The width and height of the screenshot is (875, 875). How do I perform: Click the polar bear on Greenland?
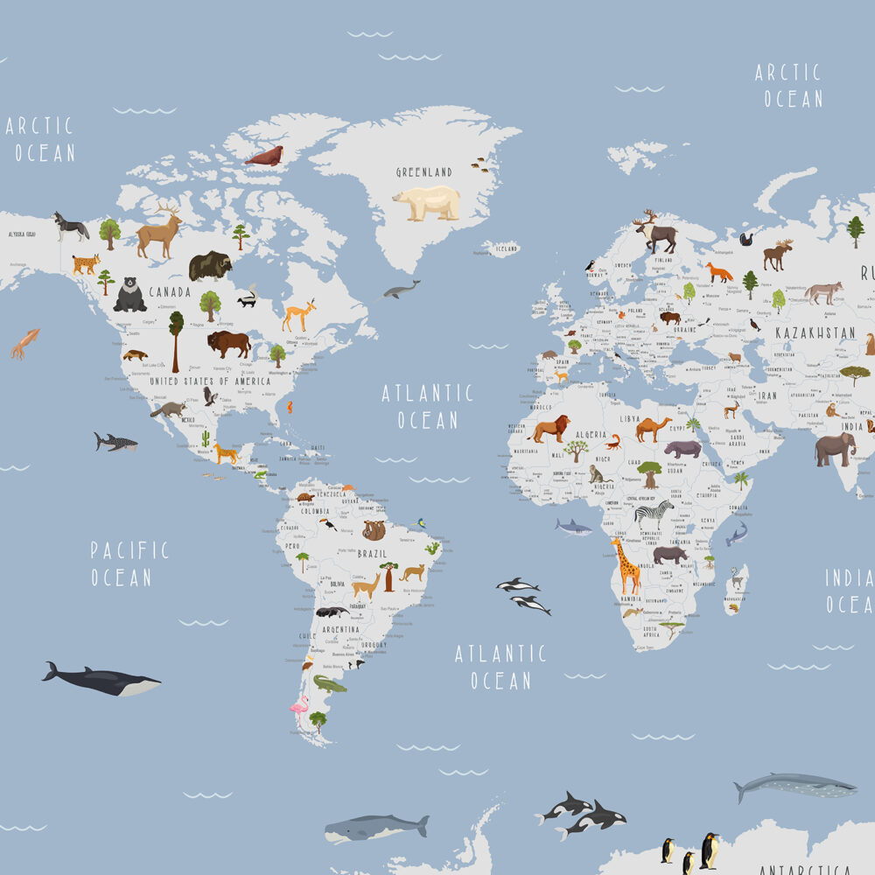click(x=426, y=203)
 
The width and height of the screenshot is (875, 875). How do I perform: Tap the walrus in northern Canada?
click(x=264, y=157)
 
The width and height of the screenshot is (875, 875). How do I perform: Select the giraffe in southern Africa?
click(x=626, y=565)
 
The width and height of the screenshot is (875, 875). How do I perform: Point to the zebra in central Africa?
click(x=654, y=512)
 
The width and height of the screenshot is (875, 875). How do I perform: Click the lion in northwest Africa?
click(x=549, y=428)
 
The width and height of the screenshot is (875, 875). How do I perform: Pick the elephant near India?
click(x=834, y=448)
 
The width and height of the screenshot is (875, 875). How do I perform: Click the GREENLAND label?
click(x=423, y=172)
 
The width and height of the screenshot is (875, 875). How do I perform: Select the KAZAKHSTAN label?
click(x=815, y=333)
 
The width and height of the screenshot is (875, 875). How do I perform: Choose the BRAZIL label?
click(x=372, y=554)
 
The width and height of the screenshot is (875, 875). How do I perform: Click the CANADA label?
click(x=170, y=291)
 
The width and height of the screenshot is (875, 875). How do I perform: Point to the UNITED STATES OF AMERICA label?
click(x=210, y=381)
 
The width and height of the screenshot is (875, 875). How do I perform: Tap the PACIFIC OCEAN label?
click(x=129, y=563)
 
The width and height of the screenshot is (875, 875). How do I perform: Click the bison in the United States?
click(x=228, y=343)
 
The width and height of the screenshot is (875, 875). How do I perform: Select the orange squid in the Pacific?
click(x=24, y=342)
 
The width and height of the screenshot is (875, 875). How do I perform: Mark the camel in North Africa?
click(x=654, y=428)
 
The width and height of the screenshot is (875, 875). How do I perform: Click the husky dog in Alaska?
click(x=71, y=226)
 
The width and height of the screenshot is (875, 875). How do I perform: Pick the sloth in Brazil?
click(x=374, y=530)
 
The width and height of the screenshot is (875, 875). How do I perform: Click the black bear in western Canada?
click(x=130, y=295)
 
